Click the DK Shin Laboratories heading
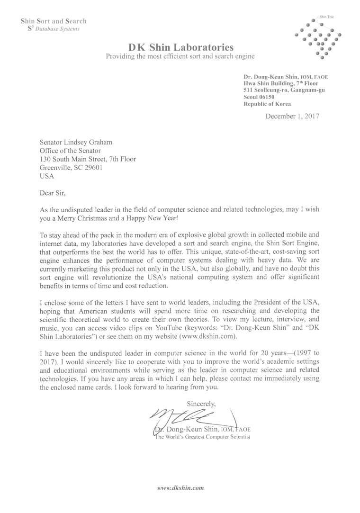coord(181,47)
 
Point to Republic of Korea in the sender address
coord(267,104)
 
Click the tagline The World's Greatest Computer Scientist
coord(203,437)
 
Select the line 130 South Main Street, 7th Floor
coord(88,159)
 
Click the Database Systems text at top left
coord(56,28)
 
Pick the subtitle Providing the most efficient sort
coord(180,56)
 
